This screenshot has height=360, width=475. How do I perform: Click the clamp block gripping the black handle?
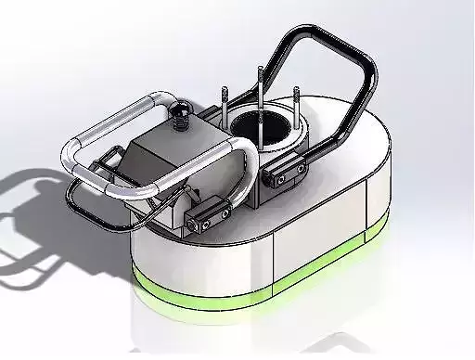pyautogui.click(x=286, y=168)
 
